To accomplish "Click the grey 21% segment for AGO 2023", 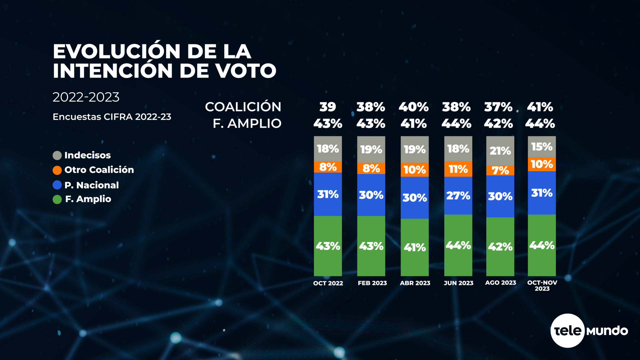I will pyautogui.click(x=500, y=151).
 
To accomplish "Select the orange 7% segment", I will pyautogui.click(x=500, y=170).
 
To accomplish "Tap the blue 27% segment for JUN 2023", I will pyautogui.click(x=458, y=196).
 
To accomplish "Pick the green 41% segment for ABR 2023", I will pyautogui.click(x=415, y=247).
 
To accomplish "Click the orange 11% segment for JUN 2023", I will pyautogui.click(x=458, y=169).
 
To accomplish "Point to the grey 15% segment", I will pyautogui.click(x=542, y=147).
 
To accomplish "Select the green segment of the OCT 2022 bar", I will pyautogui.click(x=328, y=246).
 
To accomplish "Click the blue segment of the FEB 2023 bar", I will pyautogui.click(x=371, y=195).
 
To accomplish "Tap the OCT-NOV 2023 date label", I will pyautogui.click(x=542, y=285).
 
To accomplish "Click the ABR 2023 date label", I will pyautogui.click(x=415, y=283).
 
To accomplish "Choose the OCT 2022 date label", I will pyautogui.click(x=328, y=283).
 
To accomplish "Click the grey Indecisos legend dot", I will pyautogui.click(x=57, y=155).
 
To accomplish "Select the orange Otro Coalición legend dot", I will pyautogui.click(x=57, y=170).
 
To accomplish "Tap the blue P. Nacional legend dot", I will pyautogui.click(x=57, y=185).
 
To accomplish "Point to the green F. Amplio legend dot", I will pyautogui.click(x=57, y=199).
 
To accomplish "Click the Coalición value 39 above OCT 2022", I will pyautogui.click(x=328, y=107).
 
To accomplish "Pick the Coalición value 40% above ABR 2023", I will pyautogui.click(x=414, y=107).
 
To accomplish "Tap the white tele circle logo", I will pyautogui.click(x=567, y=331).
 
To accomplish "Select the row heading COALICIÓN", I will pyautogui.click(x=243, y=107).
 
